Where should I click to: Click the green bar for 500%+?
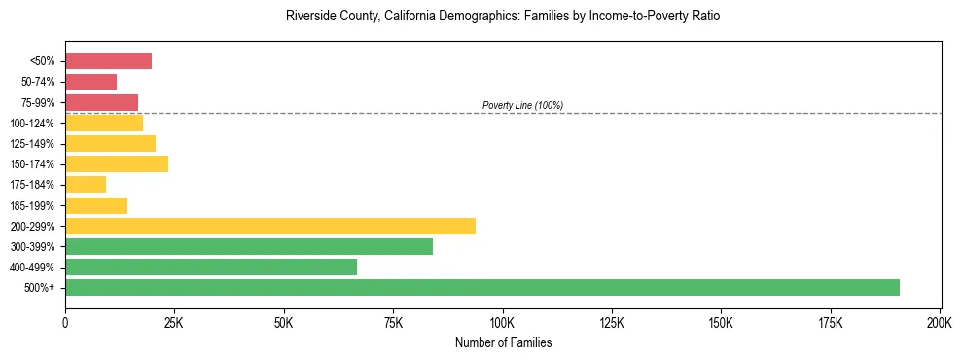[481, 287]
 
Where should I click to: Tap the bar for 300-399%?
[249, 246]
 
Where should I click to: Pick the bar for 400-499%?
[211, 267]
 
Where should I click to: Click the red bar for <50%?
[108, 61]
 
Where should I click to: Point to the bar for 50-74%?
[90, 82]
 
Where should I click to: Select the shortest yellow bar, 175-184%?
[86, 185]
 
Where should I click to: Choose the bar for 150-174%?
[117, 163]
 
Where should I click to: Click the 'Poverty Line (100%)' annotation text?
[522, 105]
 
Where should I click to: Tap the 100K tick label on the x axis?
[502, 322]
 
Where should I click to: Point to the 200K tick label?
[939, 322]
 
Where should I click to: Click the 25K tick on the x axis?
[174, 322]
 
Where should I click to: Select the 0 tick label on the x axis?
[65, 322]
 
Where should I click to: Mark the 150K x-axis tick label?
[721, 322]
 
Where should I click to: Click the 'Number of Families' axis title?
[503, 342]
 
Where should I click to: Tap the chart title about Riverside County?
[503, 18]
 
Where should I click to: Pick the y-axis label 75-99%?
[38, 103]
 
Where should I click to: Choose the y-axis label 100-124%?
[36, 124]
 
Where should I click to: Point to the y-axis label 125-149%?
[36, 144]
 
